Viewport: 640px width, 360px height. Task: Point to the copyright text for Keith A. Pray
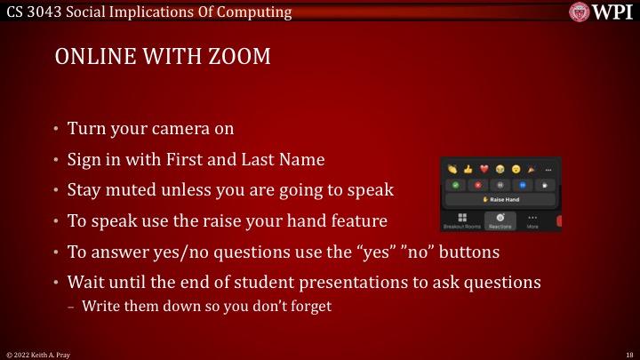(x=43, y=354)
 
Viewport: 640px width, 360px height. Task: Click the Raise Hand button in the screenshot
(x=502, y=200)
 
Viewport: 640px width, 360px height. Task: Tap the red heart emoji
(x=484, y=169)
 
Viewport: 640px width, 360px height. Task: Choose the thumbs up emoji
(x=468, y=169)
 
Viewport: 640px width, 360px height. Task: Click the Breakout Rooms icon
(x=461, y=220)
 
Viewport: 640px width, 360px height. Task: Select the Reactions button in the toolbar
(x=501, y=220)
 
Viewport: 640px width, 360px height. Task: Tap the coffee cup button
(x=547, y=185)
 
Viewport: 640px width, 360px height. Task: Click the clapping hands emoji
(x=452, y=169)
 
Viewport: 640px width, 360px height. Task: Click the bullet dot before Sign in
(x=56, y=160)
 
